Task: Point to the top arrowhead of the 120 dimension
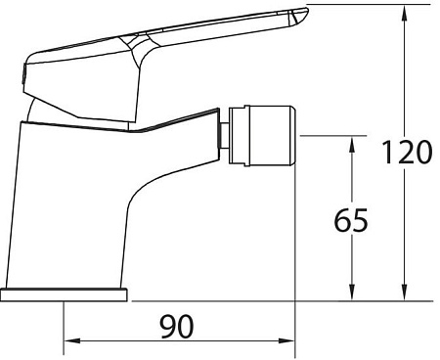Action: click(x=402, y=12)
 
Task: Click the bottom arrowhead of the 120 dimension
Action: click(x=402, y=294)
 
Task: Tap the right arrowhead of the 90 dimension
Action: click(x=290, y=342)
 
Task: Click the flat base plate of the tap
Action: click(x=65, y=294)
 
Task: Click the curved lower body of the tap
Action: click(x=88, y=215)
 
